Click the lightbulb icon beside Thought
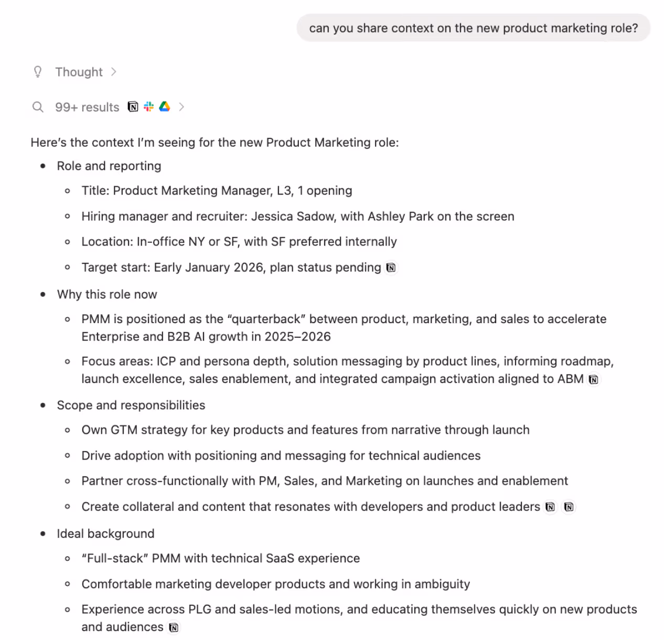coord(38,72)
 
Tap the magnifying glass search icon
coord(38,107)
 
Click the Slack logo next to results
coord(149,106)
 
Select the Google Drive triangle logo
coord(165,106)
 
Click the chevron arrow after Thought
coord(114,72)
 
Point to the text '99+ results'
coord(87,107)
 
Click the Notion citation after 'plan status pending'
coord(391,268)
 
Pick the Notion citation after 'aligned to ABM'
coord(594,379)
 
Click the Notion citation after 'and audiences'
coord(174,627)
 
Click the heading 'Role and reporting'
coord(109,166)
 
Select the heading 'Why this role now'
coord(107,294)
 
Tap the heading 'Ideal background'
coord(105,534)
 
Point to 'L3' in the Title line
coord(284,190)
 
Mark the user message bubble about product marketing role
coord(473,28)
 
